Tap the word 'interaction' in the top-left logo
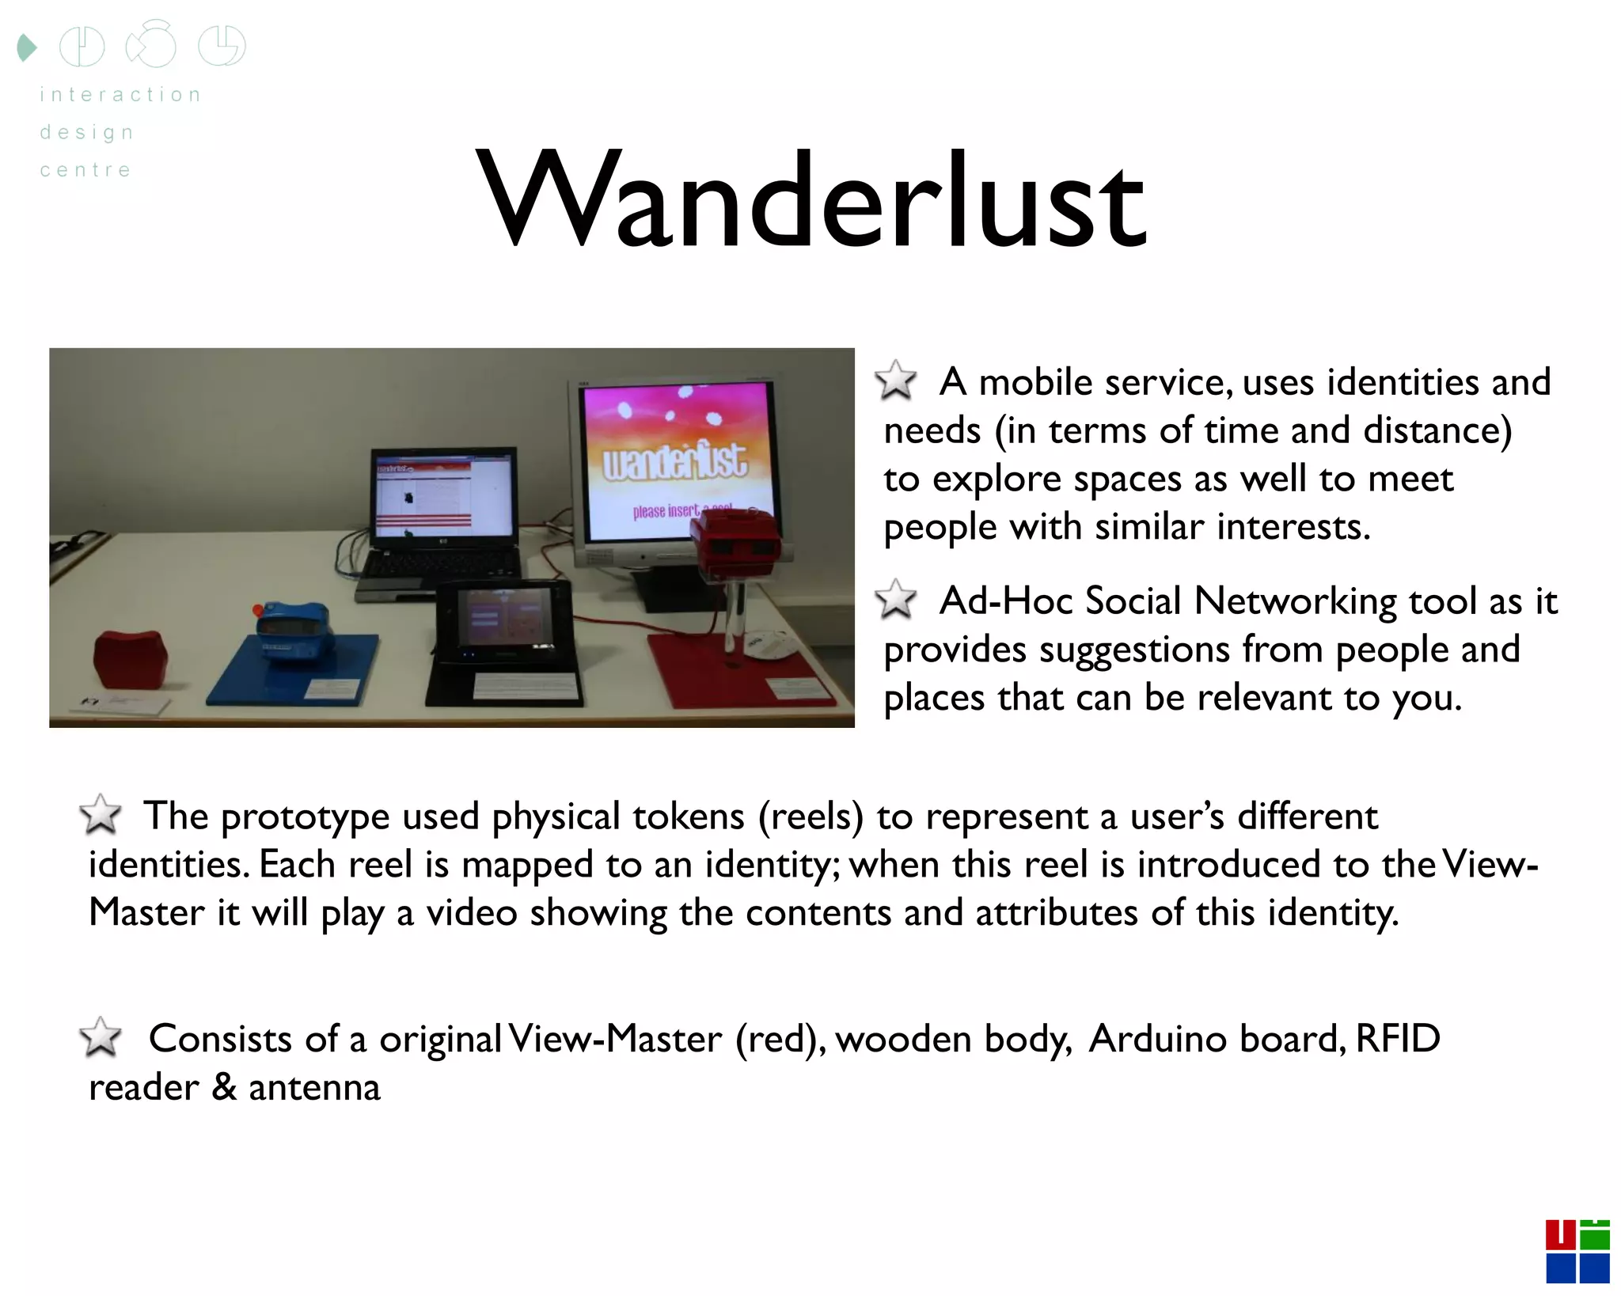(120, 95)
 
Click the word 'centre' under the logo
(85, 170)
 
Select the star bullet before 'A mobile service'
(896, 381)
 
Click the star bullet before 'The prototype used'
(101, 814)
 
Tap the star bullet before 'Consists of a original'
(101, 1037)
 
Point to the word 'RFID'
(1398, 1038)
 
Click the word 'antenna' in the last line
(314, 1087)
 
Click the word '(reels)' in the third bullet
(810, 816)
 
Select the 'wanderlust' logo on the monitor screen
(674, 461)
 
